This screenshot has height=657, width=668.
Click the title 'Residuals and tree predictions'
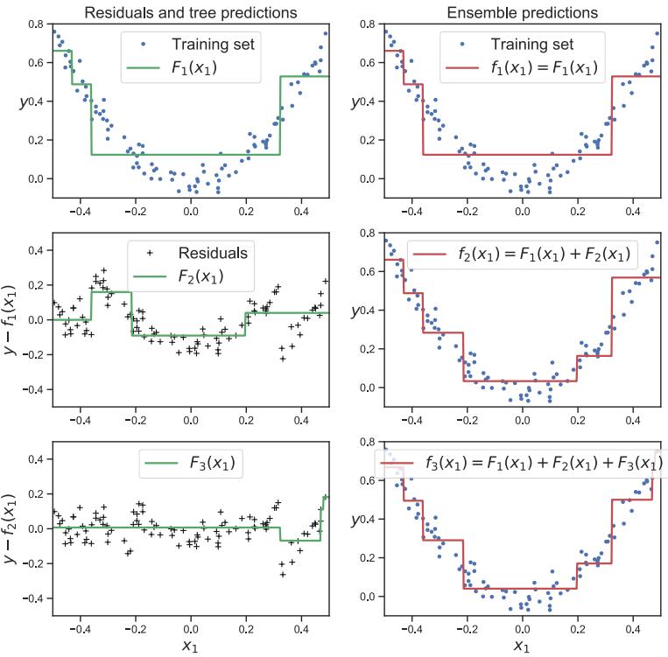[190, 13]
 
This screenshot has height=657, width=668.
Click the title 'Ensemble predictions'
[522, 13]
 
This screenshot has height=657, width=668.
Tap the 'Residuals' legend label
[213, 253]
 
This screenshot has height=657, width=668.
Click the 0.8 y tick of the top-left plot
[36, 24]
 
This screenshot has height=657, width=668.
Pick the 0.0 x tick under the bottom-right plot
[522, 627]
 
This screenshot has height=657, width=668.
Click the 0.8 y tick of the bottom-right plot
[368, 442]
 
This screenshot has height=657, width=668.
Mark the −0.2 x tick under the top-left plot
[135, 210]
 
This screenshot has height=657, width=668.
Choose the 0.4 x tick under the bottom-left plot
[301, 627]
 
